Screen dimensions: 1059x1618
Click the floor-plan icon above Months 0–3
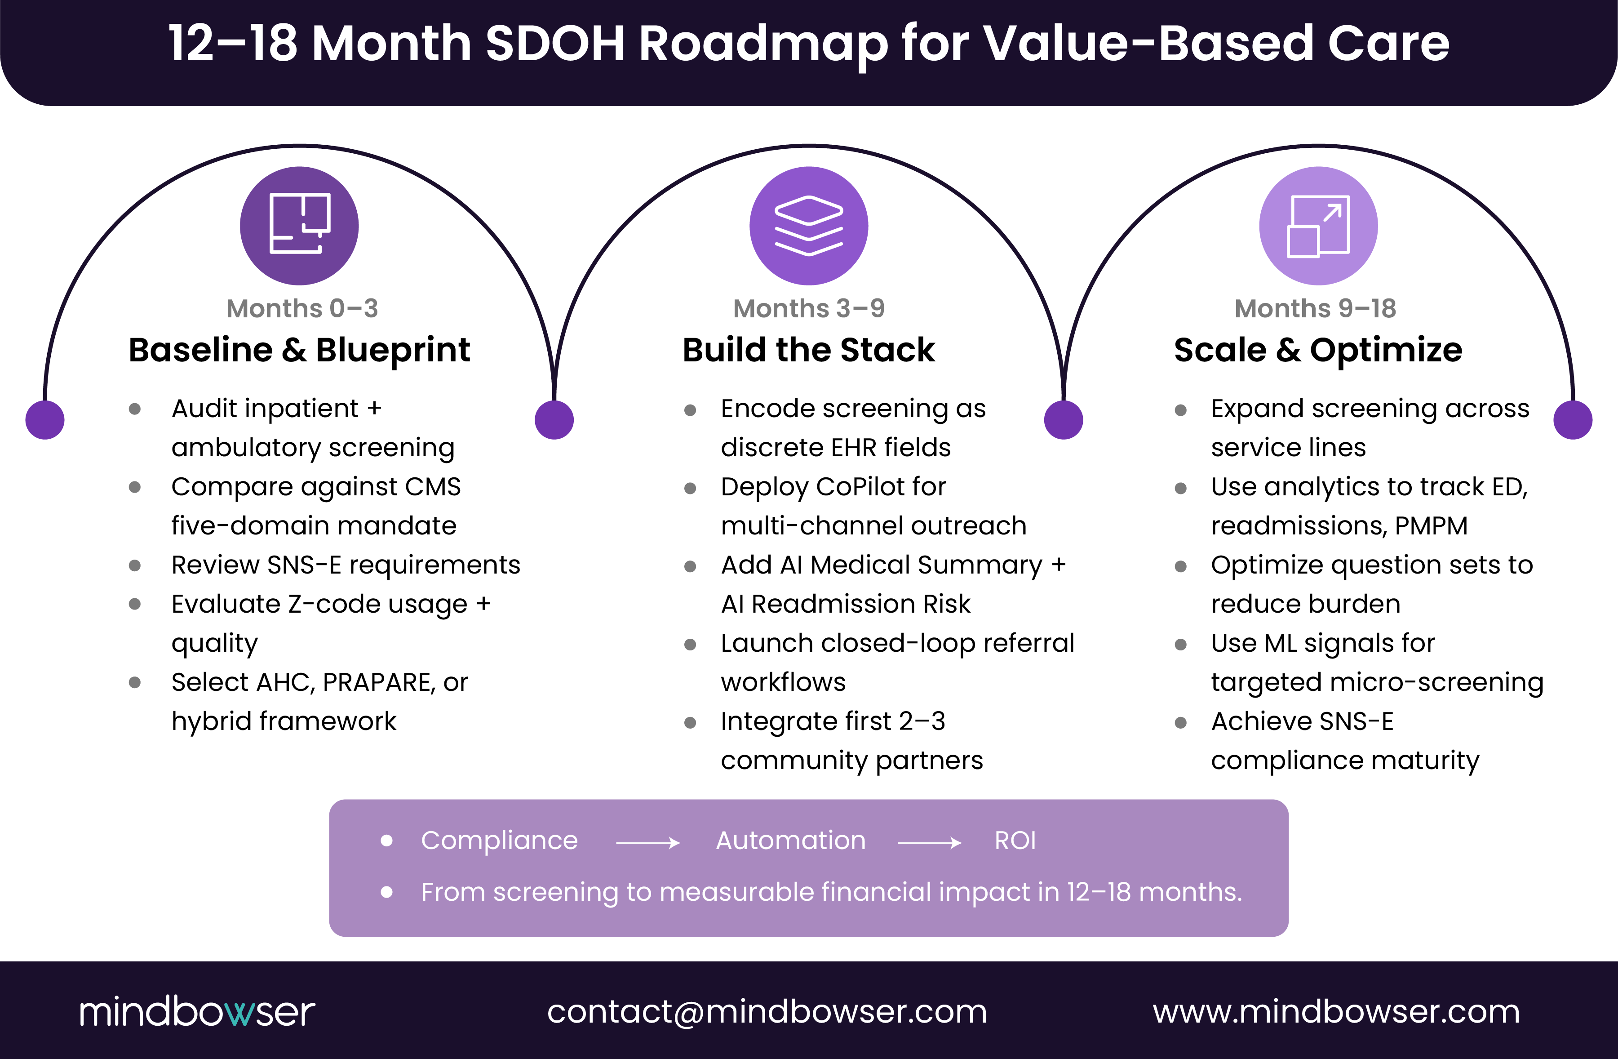tap(299, 225)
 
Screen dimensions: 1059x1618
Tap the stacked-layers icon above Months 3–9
tap(808, 225)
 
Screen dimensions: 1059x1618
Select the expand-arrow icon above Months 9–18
tap(1318, 225)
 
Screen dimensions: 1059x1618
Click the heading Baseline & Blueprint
tap(299, 350)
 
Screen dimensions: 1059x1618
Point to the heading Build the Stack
tap(808, 350)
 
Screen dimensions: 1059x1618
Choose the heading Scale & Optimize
tap(1318, 350)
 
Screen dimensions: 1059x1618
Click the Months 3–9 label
tap(808, 308)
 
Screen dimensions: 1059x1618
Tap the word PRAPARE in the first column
tap(379, 682)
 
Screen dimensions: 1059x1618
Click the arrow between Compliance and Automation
tap(647, 843)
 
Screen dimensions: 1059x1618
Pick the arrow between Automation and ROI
tap(929, 843)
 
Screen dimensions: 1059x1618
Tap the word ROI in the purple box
tap(1015, 841)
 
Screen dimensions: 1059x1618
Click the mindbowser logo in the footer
tap(197, 1011)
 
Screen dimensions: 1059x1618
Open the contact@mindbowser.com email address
tap(767, 1011)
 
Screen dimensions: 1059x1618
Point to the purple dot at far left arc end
tap(45, 420)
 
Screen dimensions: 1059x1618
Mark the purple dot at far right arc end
tap(1573, 420)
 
